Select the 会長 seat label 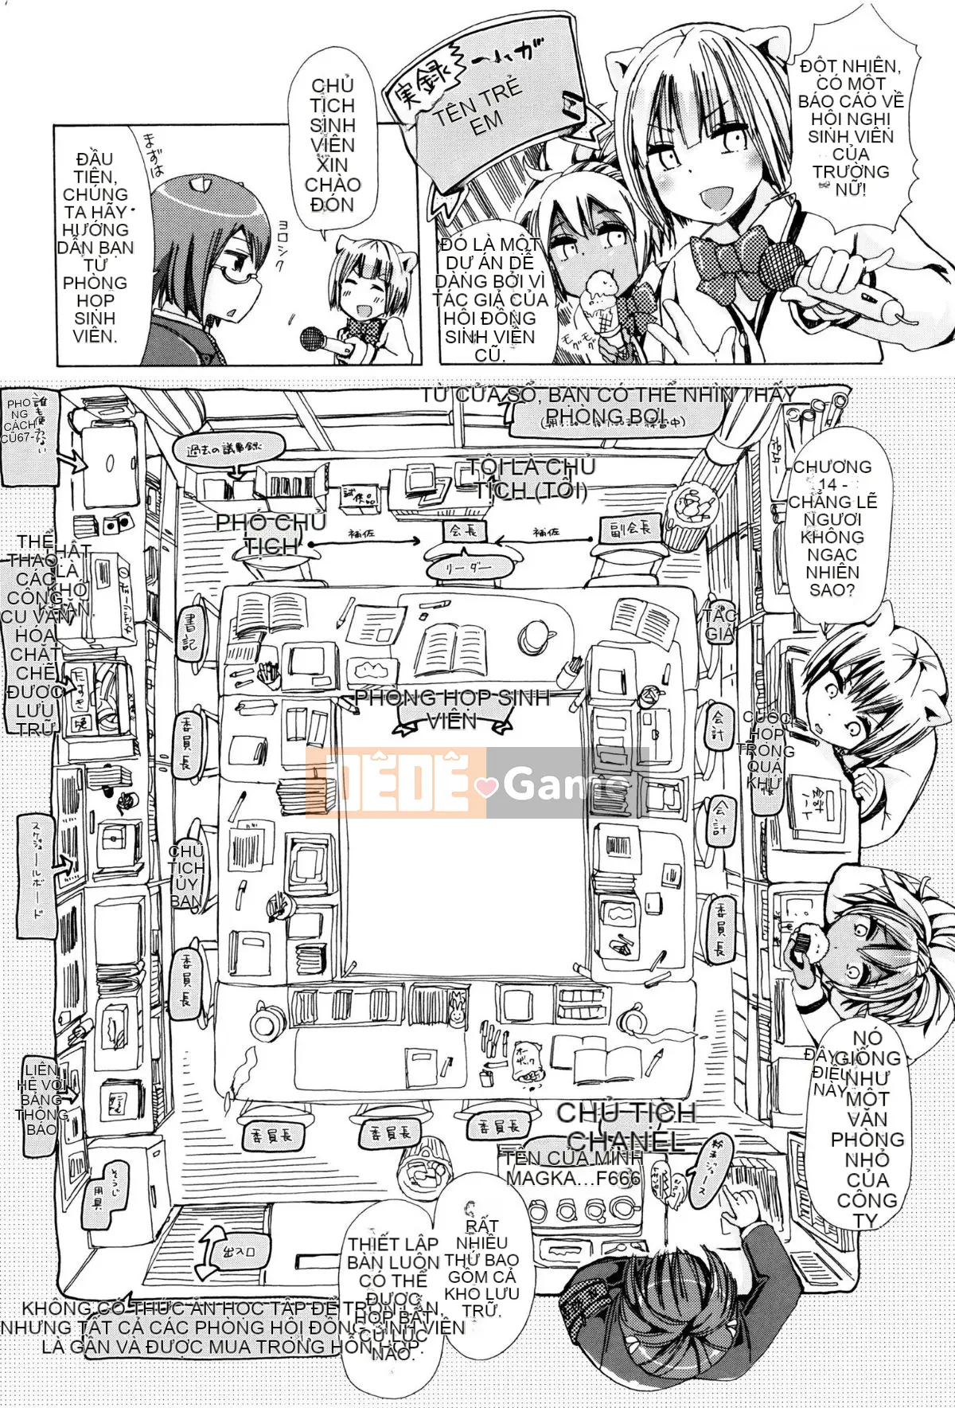(463, 530)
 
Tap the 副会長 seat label (629, 529)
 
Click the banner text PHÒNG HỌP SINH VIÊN (452, 709)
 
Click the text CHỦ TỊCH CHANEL (626, 1125)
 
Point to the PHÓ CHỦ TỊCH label (271, 534)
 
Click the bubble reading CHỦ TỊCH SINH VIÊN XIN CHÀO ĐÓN (333, 145)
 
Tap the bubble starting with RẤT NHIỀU (481, 1266)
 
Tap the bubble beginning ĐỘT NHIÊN (850, 127)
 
